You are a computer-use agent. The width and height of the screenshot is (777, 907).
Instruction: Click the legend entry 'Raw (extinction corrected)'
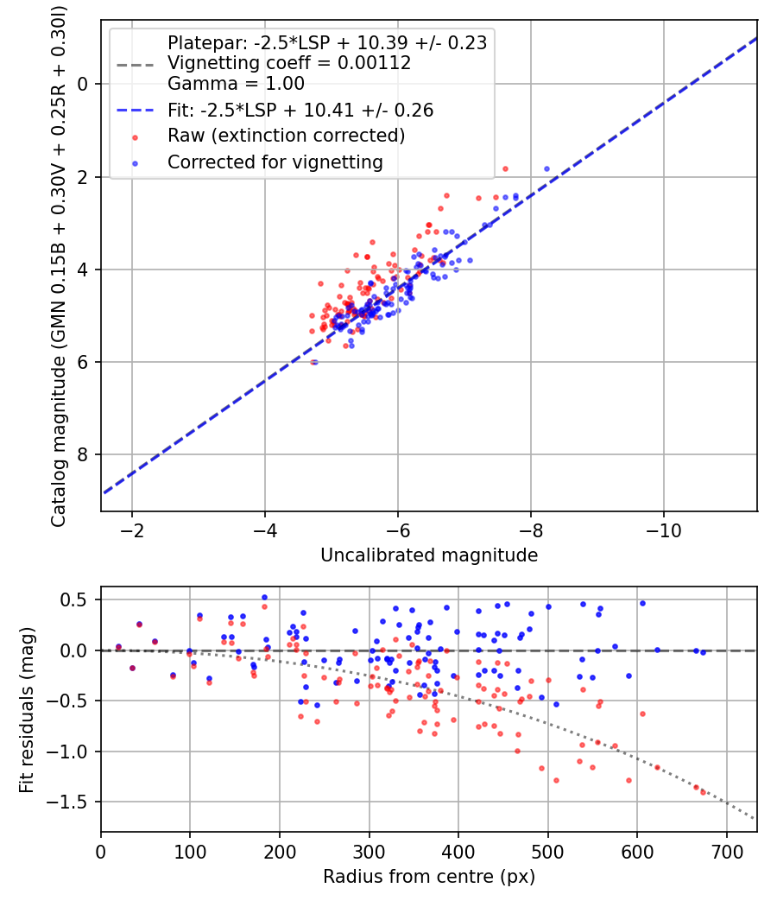pyautogui.click(x=286, y=136)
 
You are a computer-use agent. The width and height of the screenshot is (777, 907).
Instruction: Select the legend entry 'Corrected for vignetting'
pyautogui.click(x=275, y=162)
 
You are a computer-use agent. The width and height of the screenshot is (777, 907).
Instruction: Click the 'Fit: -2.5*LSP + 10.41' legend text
pyautogui.click(x=300, y=111)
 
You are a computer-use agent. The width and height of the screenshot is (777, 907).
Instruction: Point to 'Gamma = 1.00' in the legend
pyautogui.click(x=236, y=84)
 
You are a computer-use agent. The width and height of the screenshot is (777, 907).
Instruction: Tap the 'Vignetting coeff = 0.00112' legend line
pyautogui.click(x=288, y=63)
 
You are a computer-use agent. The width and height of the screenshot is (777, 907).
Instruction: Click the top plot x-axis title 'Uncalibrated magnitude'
pyautogui.click(x=429, y=555)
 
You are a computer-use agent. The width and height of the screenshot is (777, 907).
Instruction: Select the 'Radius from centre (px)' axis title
pyautogui.click(x=429, y=877)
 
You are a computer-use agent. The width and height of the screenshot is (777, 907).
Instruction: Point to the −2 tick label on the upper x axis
pyautogui.click(x=132, y=530)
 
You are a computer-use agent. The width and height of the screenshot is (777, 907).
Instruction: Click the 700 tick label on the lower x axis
pyautogui.click(x=726, y=851)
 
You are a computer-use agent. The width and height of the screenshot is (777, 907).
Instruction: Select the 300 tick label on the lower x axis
pyautogui.click(x=369, y=851)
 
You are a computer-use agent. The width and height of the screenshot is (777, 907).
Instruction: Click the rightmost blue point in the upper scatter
pyautogui.click(x=546, y=169)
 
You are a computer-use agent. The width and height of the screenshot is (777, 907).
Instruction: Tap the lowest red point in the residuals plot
pyautogui.click(x=703, y=792)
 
